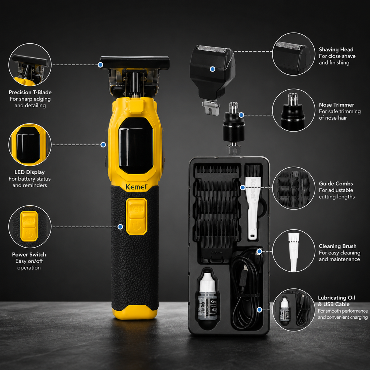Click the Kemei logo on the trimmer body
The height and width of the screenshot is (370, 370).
(136, 187)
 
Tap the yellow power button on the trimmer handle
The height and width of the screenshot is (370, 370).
(136, 217)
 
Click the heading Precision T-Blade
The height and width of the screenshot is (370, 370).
(30, 92)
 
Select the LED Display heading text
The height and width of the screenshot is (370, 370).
(30, 172)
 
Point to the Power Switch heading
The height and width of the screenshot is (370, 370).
(29, 254)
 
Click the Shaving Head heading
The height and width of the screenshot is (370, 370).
(336, 50)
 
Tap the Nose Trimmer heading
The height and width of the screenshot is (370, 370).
(336, 105)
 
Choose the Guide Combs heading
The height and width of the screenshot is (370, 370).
(336, 184)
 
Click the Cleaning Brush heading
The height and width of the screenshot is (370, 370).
(337, 246)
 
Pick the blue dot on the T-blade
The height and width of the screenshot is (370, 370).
(100, 65)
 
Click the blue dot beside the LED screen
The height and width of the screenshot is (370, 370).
(103, 145)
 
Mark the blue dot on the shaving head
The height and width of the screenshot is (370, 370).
(212, 69)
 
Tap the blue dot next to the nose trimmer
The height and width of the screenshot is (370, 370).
(241, 115)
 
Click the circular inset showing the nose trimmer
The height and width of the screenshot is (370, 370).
(293, 110)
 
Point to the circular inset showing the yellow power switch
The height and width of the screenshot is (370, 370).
(30, 227)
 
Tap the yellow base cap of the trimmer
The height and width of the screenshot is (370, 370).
(135, 312)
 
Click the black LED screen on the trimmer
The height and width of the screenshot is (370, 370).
(136, 145)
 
